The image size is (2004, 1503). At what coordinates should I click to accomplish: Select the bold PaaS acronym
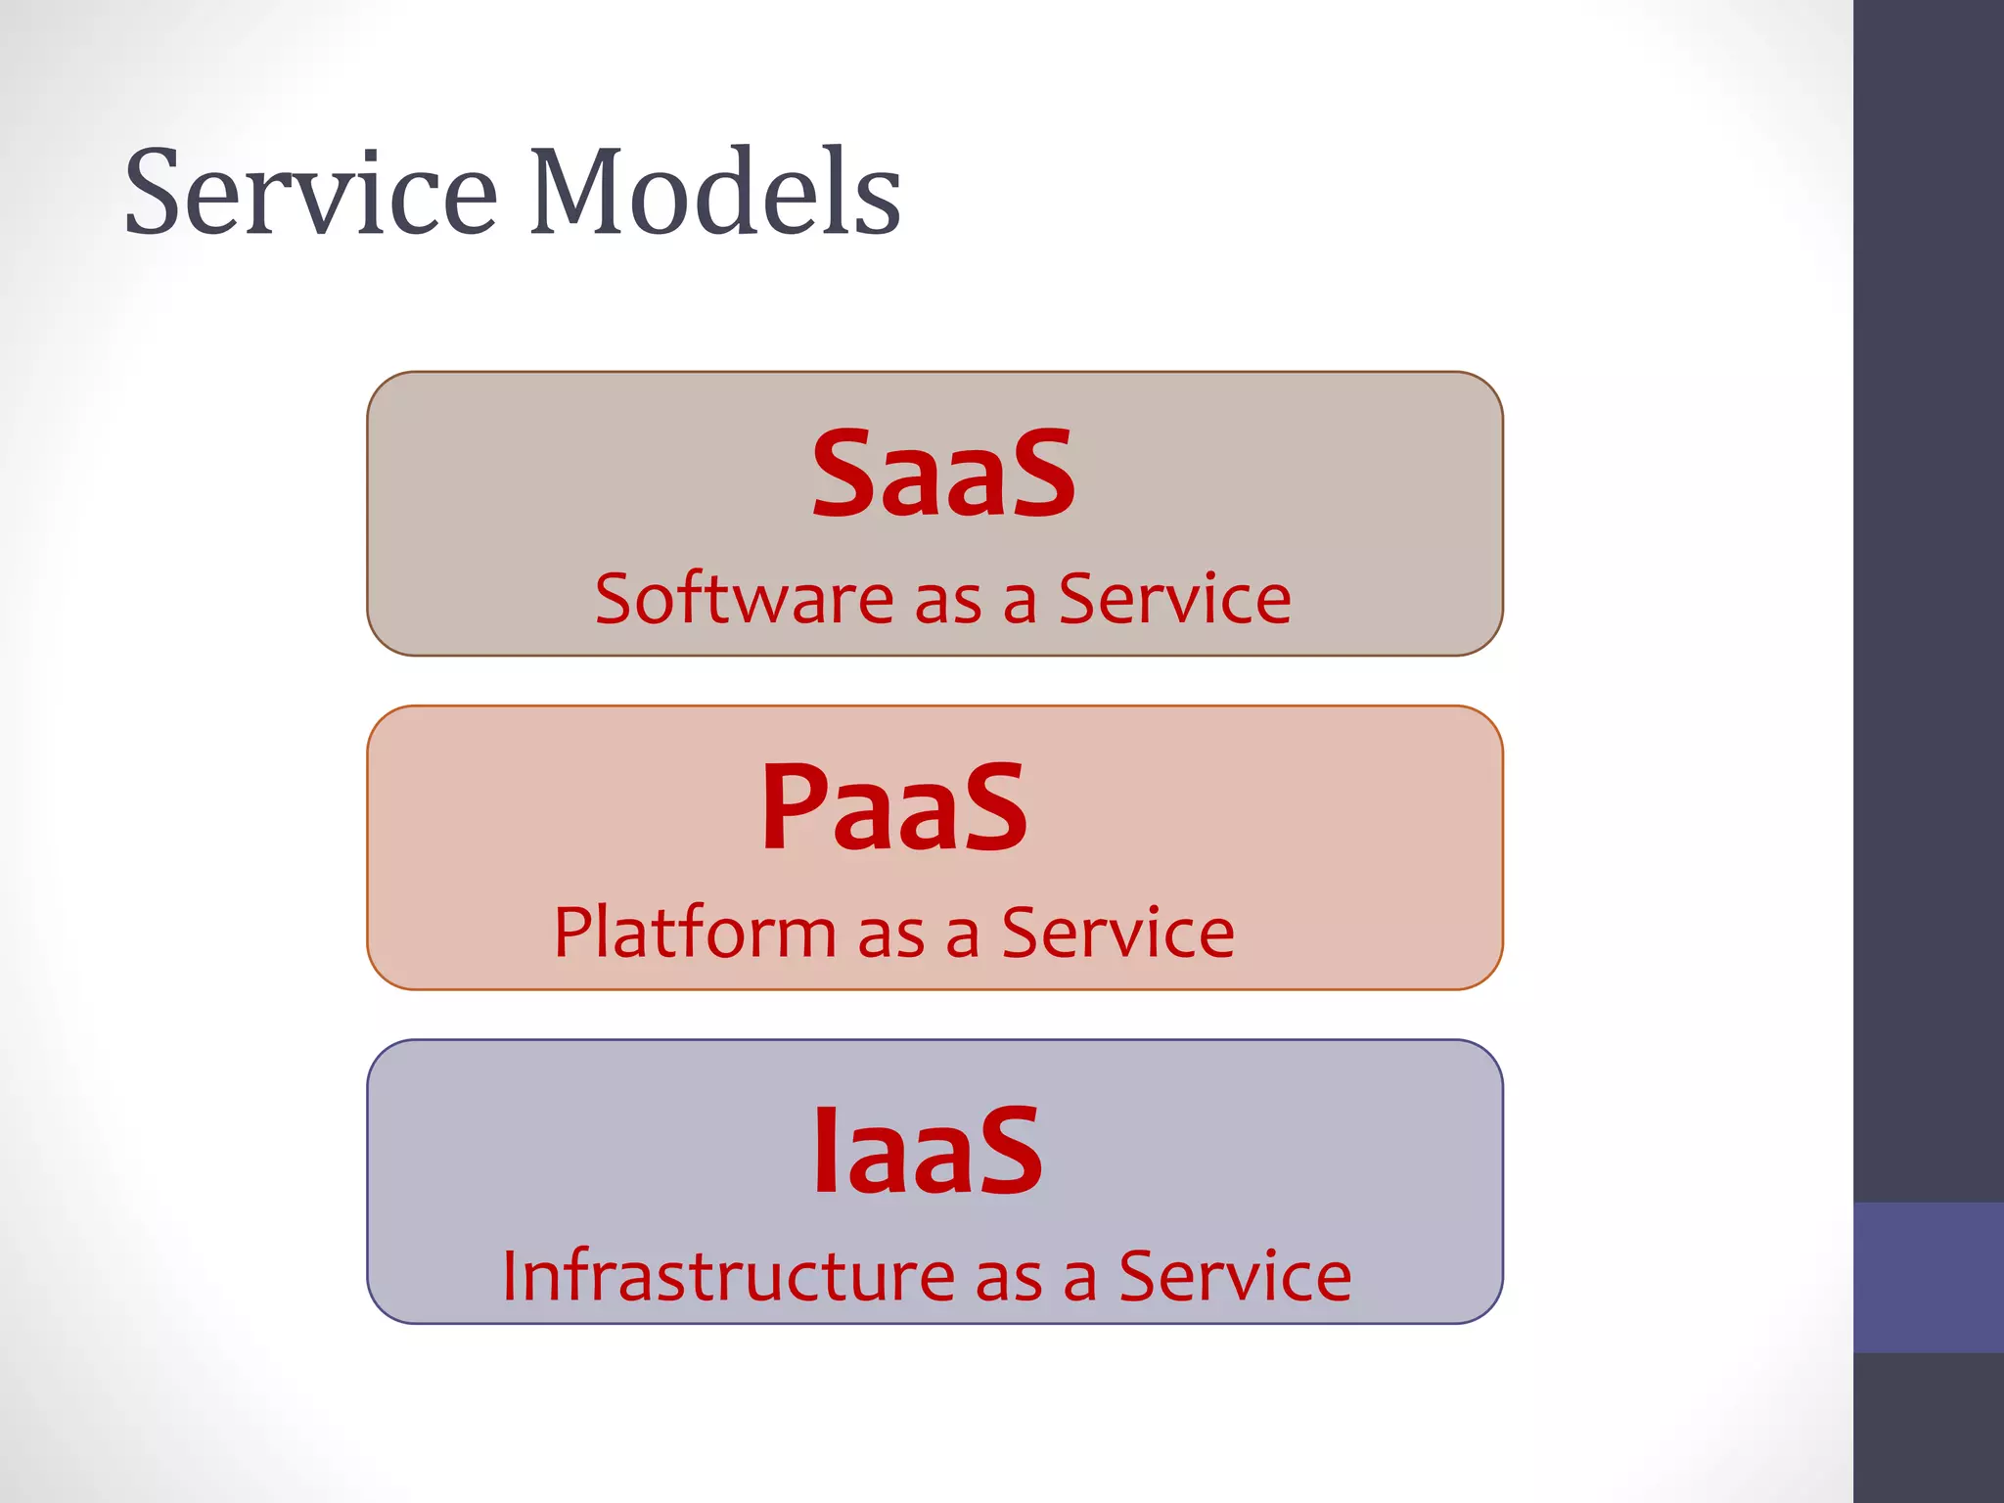894,808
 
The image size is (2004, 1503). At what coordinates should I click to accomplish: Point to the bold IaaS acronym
928,1151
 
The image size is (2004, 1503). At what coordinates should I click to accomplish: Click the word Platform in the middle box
695,932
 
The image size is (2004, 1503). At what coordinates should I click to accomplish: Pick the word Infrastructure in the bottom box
728,1276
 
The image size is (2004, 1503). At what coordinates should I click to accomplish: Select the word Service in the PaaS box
1117,932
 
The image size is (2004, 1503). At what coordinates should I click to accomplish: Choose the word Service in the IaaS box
1235,1276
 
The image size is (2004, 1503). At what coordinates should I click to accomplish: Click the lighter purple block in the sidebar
1928,1277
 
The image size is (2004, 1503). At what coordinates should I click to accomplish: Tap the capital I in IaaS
825,1151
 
